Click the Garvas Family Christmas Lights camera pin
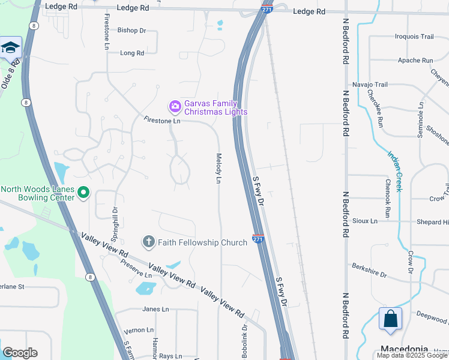[x=175, y=107]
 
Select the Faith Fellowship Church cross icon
[x=148, y=242]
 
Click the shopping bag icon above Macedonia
[x=390, y=319]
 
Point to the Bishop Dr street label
[x=131, y=30]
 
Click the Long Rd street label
[x=132, y=53]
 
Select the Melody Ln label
[x=219, y=169]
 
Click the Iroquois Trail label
[x=414, y=37]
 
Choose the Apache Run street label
[x=415, y=61]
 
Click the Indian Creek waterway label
[x=394, y=170]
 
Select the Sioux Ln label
[x=365, y=221]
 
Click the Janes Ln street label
[x=155, y=309]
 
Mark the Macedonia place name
[x=404, y=349]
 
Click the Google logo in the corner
[x=20, y=353]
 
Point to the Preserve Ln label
[x=136, y=268]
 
